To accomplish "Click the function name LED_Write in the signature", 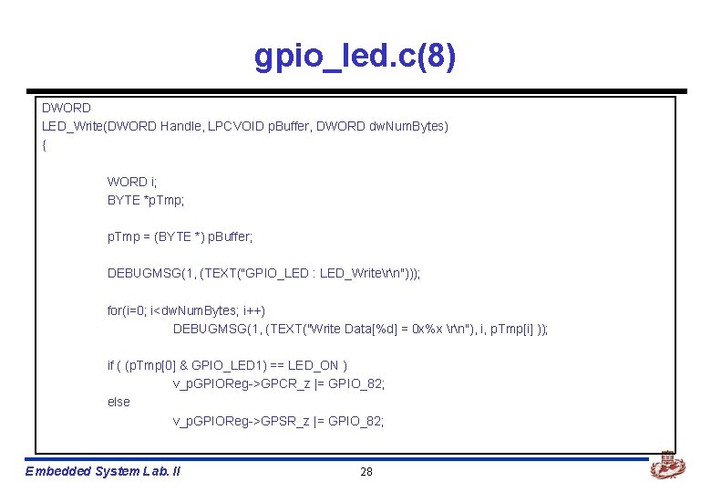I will pos(73,126).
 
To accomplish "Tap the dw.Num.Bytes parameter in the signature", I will pos(407,126).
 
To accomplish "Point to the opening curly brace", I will pos(45,144).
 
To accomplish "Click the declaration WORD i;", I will pos(132,182).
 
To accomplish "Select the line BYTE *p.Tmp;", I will pos(146,200).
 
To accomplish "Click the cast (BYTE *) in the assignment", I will pos(180,236).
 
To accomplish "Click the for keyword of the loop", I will pos(116,310).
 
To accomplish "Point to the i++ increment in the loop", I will pos(250,310).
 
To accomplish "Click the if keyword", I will pos(110,365).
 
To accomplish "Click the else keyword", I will pos(118,402).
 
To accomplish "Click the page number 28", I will pos(366,471).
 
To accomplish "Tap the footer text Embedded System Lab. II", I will pos(103,471).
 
